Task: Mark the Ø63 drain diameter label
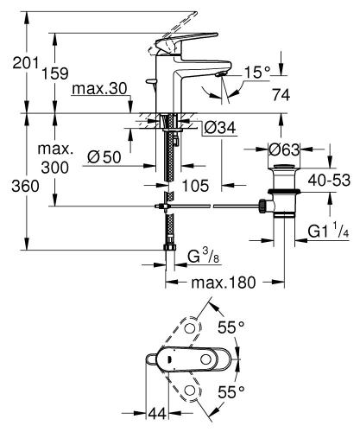[x=284, y=149]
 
